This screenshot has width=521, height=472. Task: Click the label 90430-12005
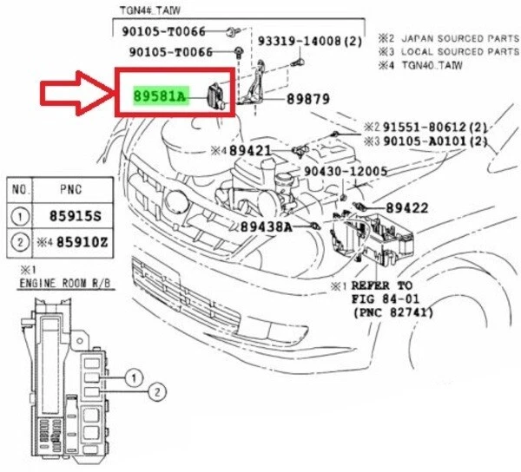pyautogui.click(x=346, y=171)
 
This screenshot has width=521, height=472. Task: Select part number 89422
pyautogui.click(x=406, y=208)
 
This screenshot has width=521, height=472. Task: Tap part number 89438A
pyautogui.click(x=266, y=226)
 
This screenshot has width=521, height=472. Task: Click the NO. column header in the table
pyautogui.click(x=21, y=187)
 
